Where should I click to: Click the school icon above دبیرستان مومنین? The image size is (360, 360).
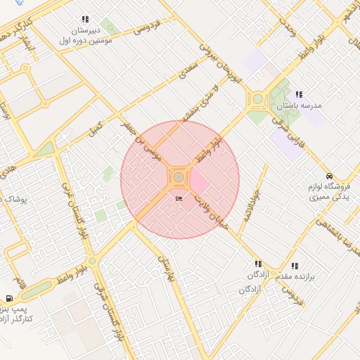85,20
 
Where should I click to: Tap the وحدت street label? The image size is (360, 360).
288,27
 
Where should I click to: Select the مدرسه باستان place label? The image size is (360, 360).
298,105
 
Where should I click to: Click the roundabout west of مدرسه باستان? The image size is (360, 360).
257,100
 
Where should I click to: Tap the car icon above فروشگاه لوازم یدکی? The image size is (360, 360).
329,176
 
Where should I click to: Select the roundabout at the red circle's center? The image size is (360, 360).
179,177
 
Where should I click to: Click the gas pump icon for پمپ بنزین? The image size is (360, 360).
9,299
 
